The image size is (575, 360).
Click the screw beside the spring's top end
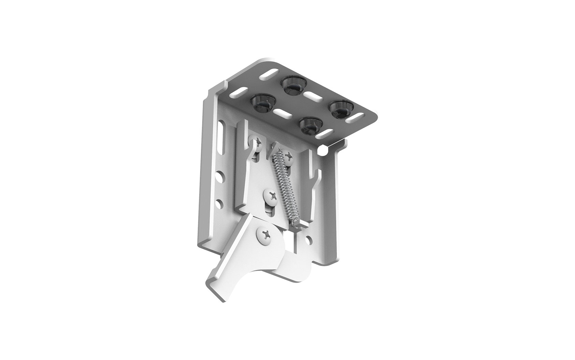[x=289, y=157]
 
